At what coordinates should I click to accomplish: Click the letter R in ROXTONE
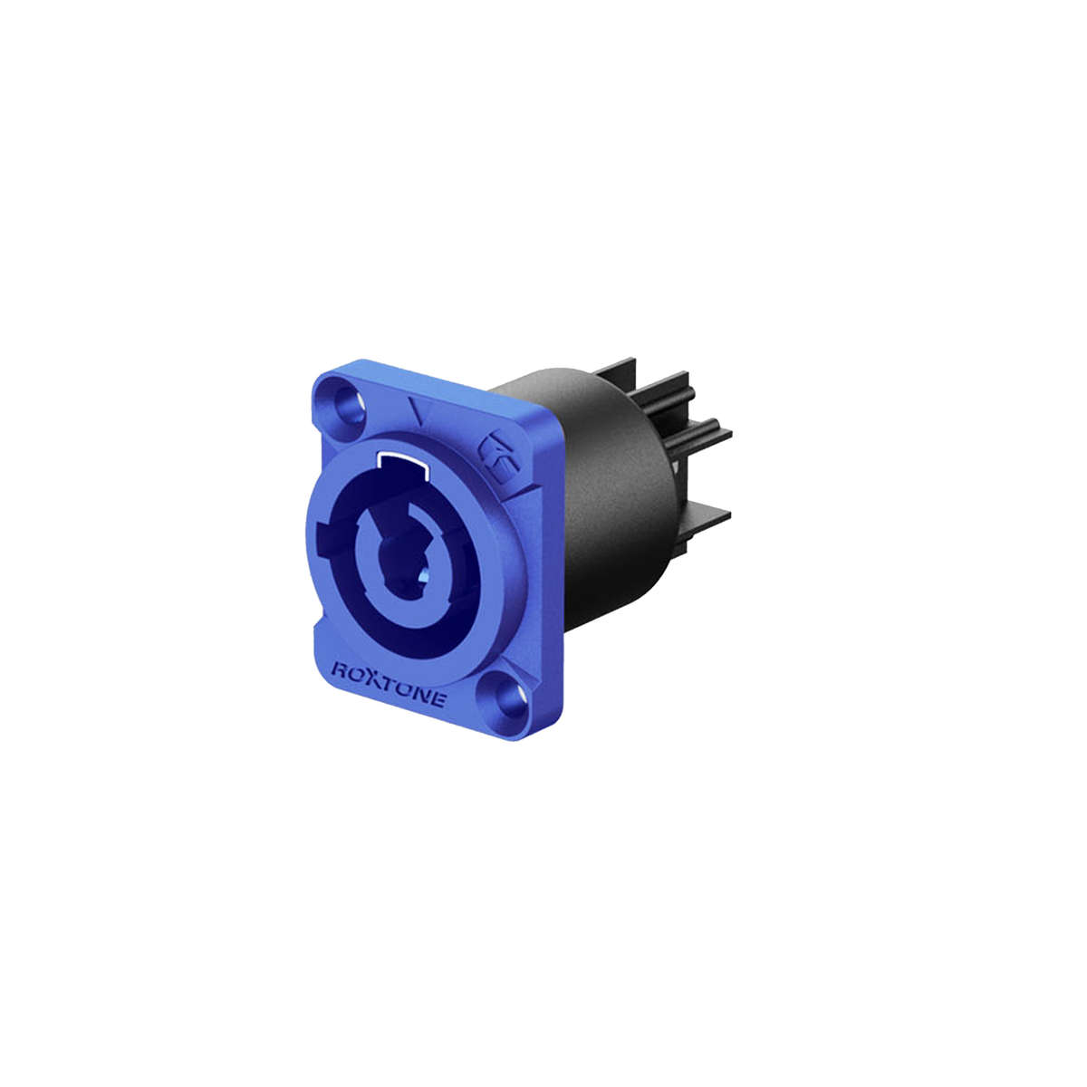pos(340,671)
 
